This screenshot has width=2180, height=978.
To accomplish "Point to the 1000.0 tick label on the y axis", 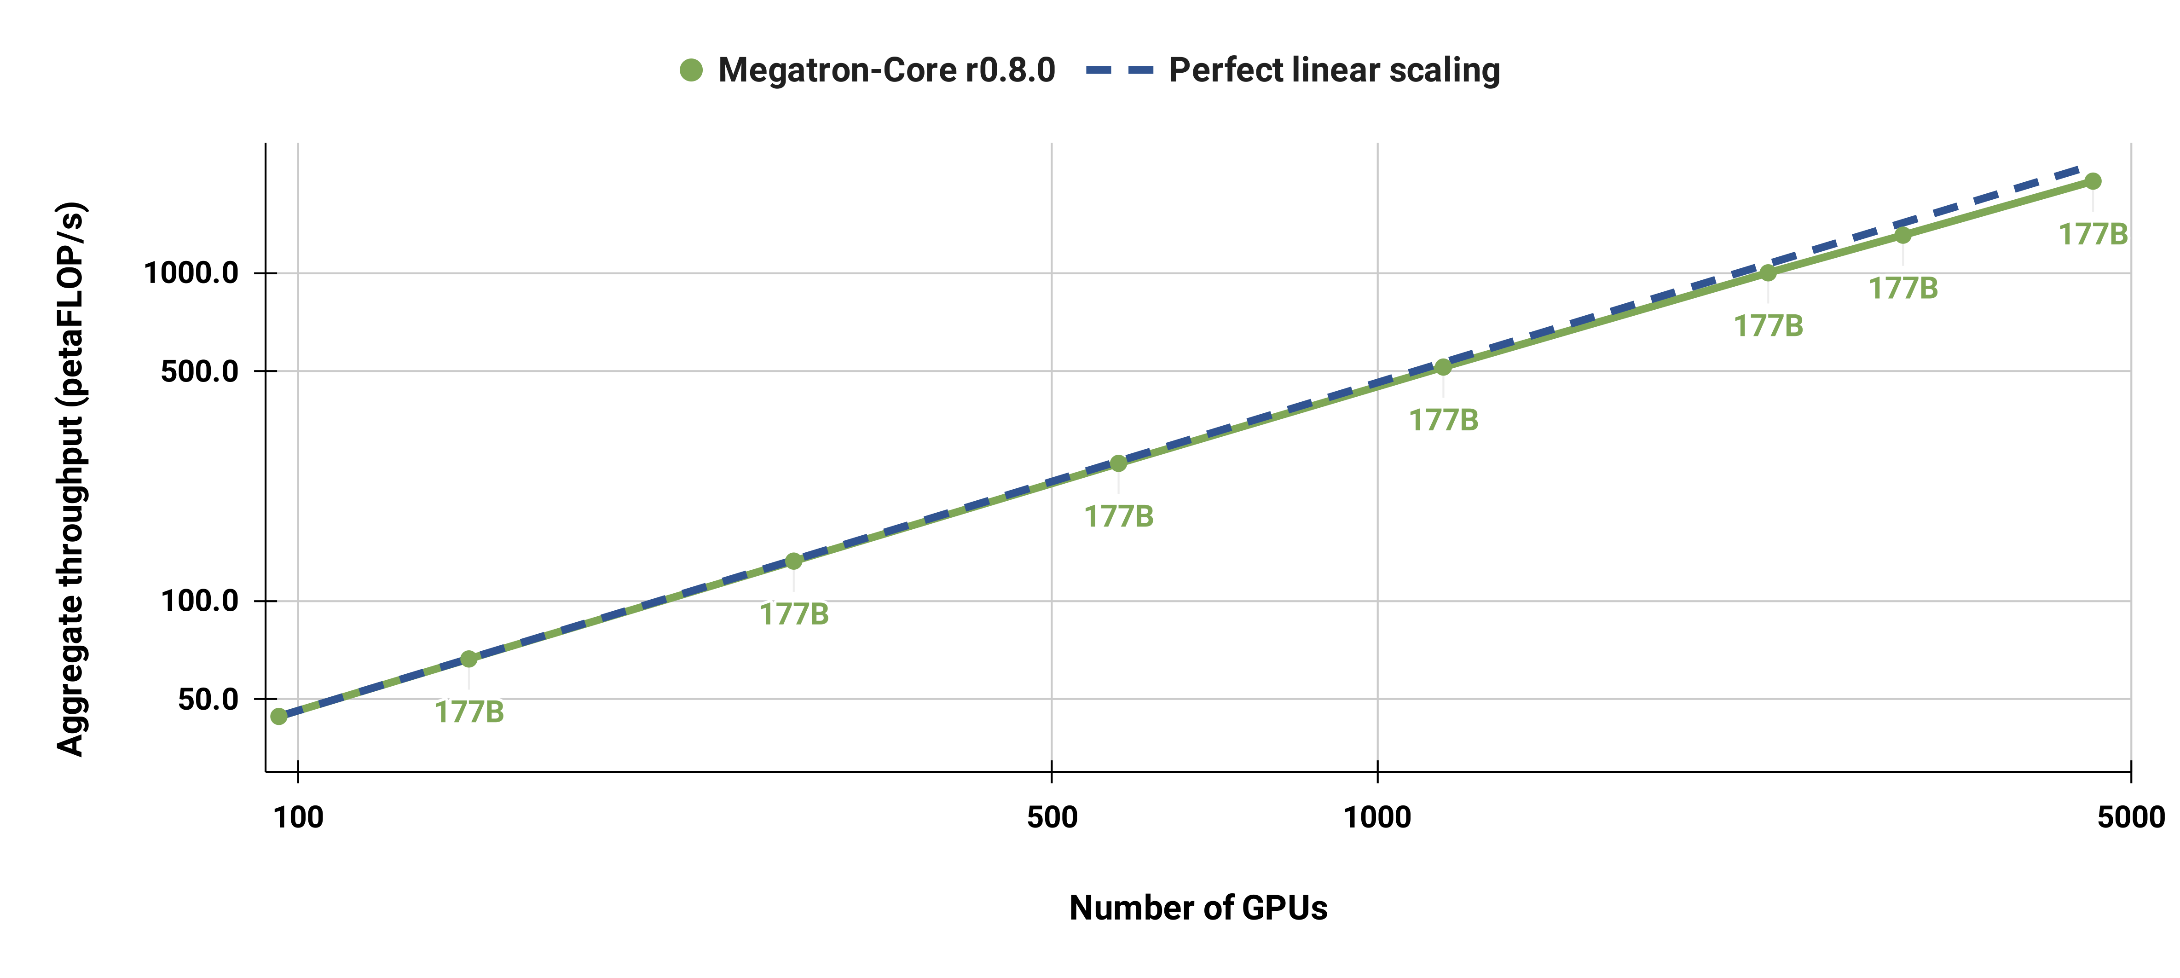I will [x=191, y=273].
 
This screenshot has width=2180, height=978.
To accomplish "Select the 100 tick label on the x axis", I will [x=298, y=817].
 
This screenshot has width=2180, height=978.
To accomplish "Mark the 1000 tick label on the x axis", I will [x=1377, y=817].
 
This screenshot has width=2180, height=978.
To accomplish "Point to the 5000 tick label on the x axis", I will [x=2131, y=817].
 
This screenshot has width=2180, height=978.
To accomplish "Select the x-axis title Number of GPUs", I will [x=1197, y=908].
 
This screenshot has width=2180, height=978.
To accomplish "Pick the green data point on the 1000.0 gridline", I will [x=1768, y=272].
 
